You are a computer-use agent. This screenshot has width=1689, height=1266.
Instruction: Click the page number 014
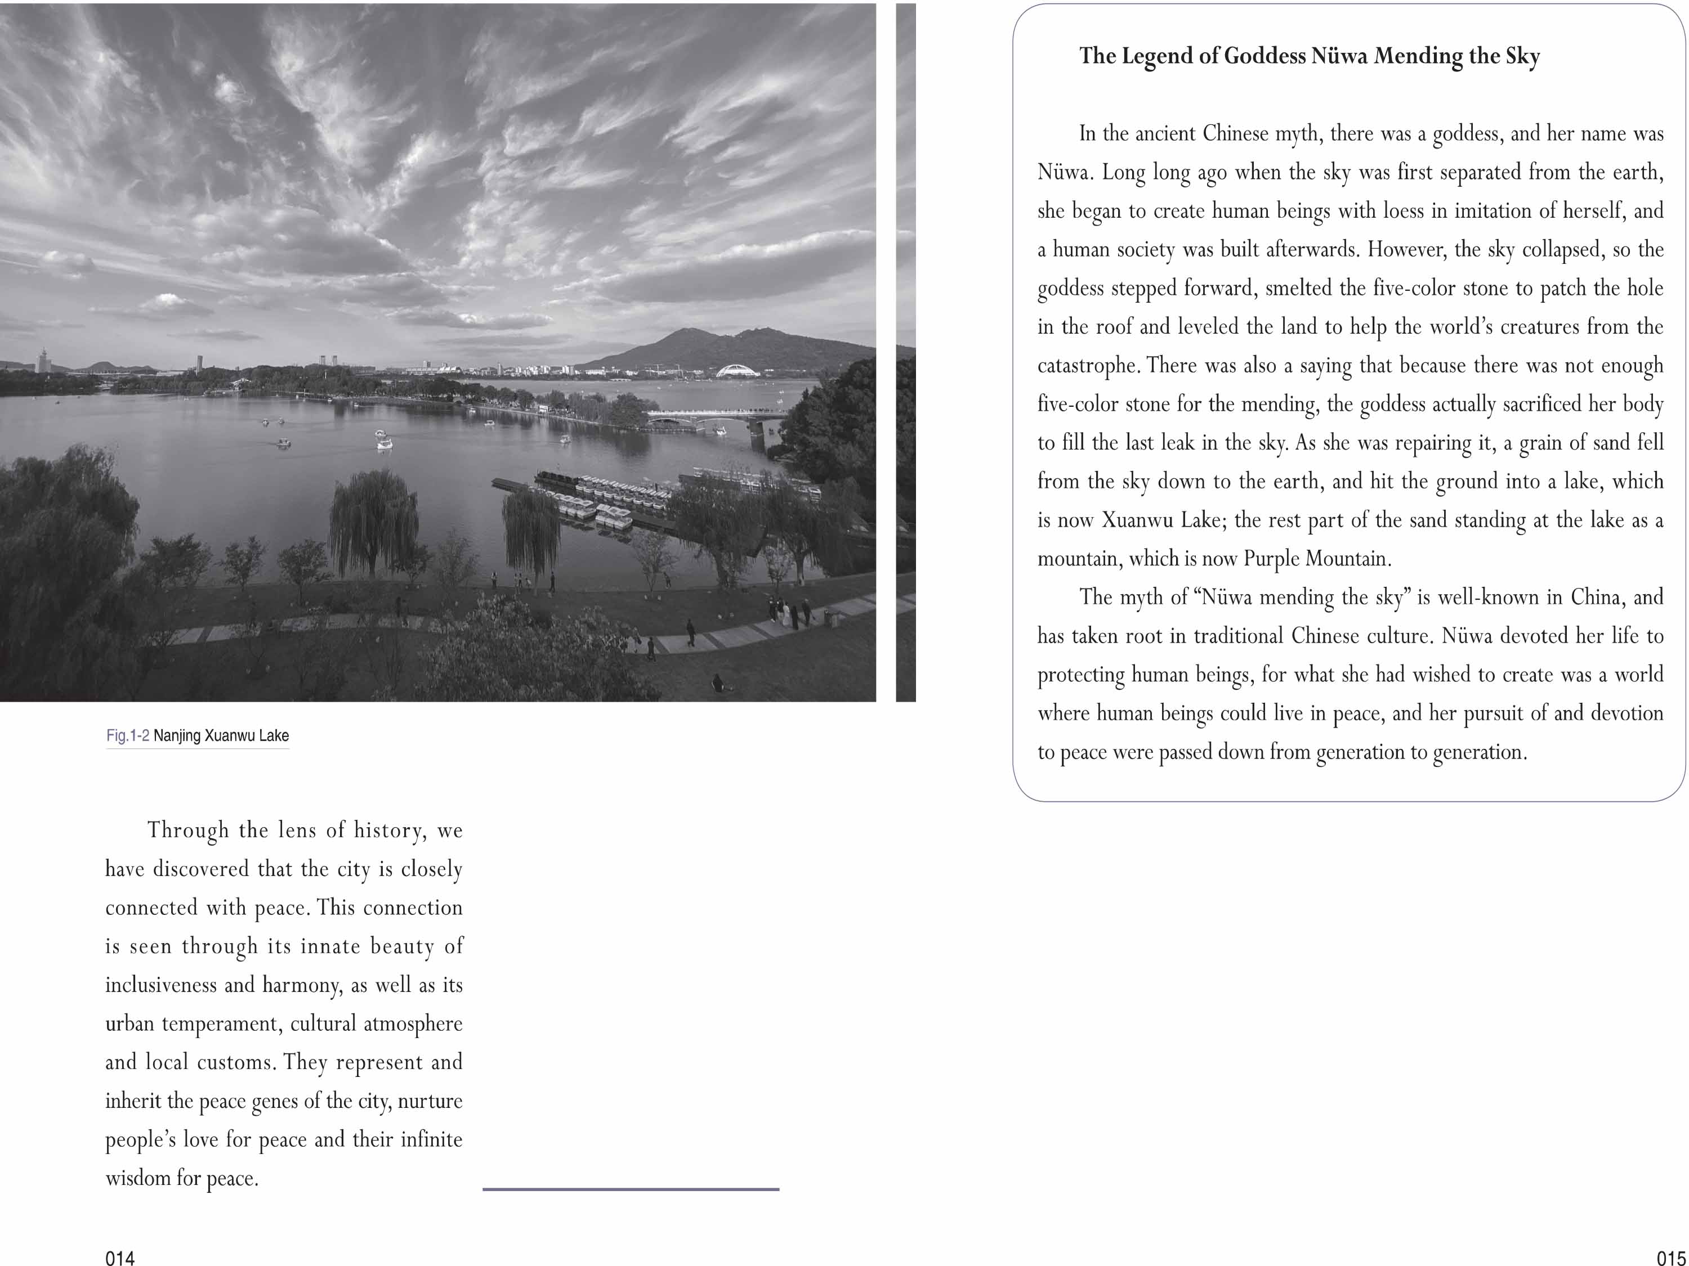point(120,1258)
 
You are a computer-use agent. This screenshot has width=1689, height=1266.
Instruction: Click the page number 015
point(1670,1258)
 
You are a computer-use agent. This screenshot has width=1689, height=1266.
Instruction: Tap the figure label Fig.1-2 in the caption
point(127,735)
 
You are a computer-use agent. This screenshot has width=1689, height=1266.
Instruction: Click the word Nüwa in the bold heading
point(1338,56)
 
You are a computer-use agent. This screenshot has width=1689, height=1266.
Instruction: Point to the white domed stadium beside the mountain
point(737,371)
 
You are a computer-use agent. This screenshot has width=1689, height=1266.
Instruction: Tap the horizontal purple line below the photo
point(631,1188)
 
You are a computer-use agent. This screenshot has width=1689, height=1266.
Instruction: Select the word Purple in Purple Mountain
point(1271,559)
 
